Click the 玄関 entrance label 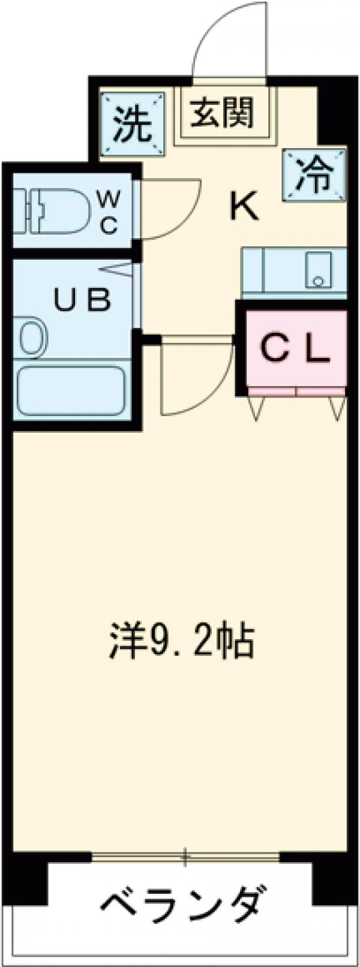pos(221,112)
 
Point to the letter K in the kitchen pos(244,209)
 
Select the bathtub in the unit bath pos(71,390)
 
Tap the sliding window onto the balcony pos(186,855)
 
